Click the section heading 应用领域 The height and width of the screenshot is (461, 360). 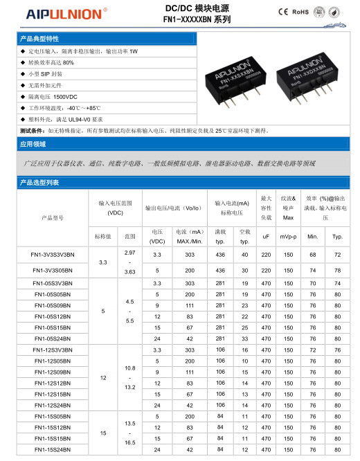click(33, 145)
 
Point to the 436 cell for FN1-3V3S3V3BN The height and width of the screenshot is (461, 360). click(222, 255)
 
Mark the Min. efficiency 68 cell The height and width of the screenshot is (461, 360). click(313, 255)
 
